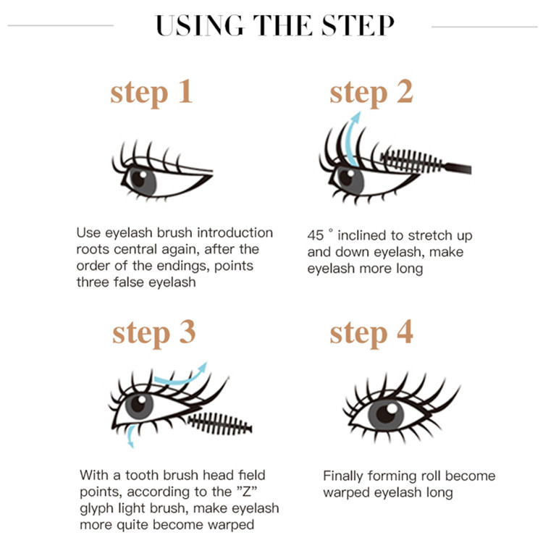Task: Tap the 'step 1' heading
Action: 151,92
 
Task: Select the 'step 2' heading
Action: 371,92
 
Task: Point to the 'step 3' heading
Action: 153,332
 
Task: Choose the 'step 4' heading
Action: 371,332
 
